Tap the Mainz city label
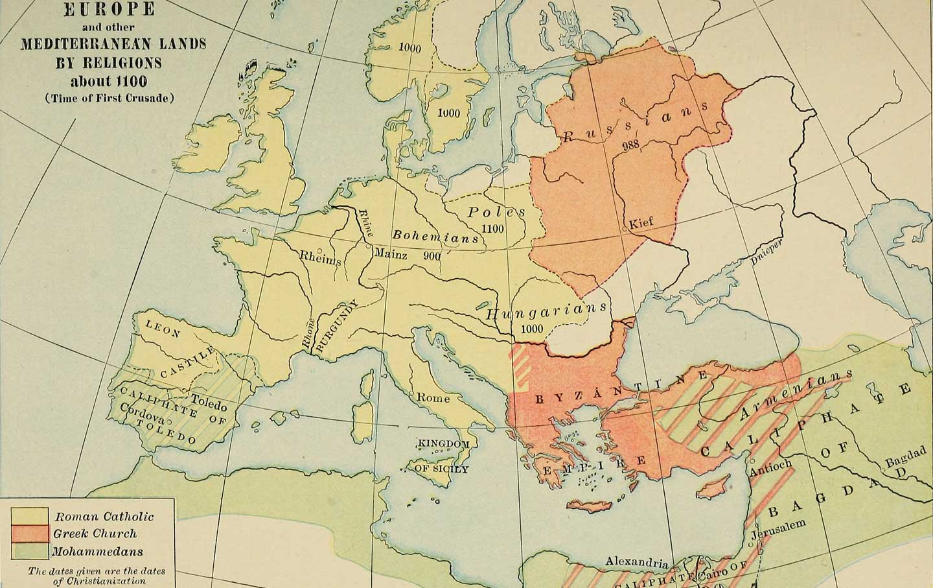click(391, 255)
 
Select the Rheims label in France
click(319, 257)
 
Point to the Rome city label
click(432, 397)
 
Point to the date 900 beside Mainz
click(432, 255)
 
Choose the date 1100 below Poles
click(494, 228)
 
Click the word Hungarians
click(546, 311)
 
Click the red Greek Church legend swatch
click(29, 534)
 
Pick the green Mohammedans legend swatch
click(29, 552)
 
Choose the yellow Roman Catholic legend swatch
click(29, 516)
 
